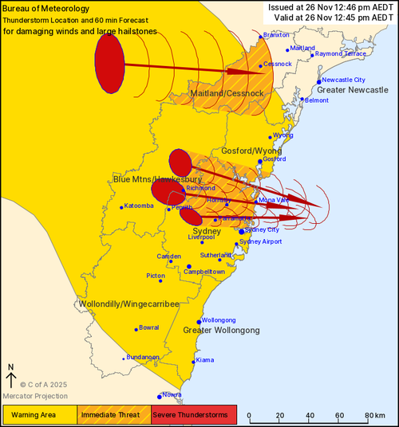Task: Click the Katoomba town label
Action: (139, 206)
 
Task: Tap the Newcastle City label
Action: (343, 80)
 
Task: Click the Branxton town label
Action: (276, 35)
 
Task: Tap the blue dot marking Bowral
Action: (135, 328)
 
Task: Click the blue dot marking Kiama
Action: (194, 361)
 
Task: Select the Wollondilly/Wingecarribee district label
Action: (128, 304)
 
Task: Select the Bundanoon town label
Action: (143, 358)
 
